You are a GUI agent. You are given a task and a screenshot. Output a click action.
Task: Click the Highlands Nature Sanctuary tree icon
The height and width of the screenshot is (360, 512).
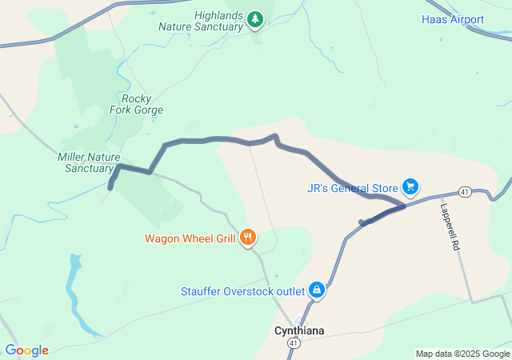[254, 18]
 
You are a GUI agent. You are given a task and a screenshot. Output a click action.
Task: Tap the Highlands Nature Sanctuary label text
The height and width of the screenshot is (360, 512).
[200, 21]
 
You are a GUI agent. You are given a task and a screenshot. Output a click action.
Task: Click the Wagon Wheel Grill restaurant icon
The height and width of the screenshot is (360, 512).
[248, 237]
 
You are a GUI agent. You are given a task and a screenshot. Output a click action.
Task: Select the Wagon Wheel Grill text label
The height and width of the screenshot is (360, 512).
[190, 238]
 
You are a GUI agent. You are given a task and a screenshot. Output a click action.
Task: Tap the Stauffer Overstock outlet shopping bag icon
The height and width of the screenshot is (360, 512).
[317, 289]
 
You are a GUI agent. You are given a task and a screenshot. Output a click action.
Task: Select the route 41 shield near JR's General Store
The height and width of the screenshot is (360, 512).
[464, 191]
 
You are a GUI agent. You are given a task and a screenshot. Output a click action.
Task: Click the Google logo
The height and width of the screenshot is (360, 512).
[26, 350]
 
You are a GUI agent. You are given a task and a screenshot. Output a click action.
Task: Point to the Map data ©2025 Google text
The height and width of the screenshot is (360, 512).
[462, 354]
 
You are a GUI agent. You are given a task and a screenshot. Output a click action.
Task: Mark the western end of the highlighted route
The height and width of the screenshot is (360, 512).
[110, 188]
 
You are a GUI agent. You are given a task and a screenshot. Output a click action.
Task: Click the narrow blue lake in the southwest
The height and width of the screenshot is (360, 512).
[74, 288]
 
